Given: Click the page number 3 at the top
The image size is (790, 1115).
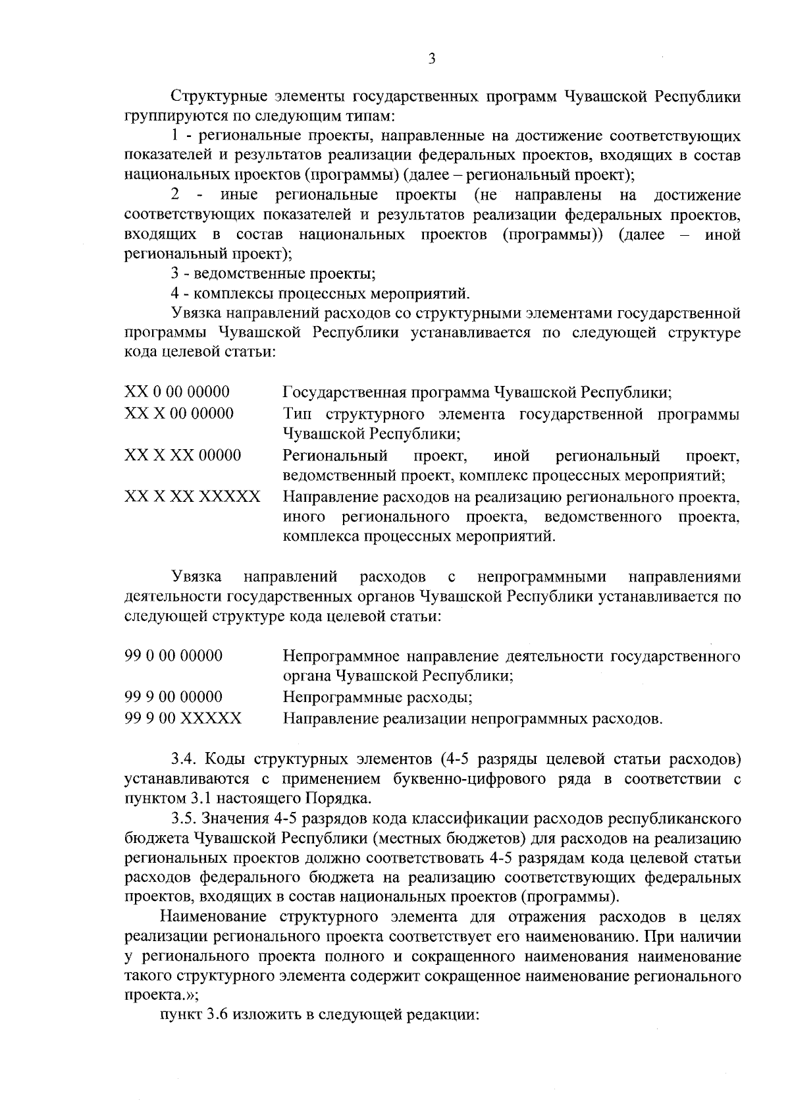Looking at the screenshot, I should (432, 59).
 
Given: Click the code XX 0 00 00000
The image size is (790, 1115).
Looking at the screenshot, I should (177, 393).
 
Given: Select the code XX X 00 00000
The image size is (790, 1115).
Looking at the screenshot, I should (179, 414).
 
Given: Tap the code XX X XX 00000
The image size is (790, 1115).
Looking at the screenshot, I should (183, 455).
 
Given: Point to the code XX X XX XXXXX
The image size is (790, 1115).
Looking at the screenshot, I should (192, 497).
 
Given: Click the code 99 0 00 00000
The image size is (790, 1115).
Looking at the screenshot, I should (174, 656).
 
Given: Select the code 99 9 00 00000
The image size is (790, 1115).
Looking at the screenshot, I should (174, 697).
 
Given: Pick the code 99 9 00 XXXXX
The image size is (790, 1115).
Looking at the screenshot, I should (183, 718).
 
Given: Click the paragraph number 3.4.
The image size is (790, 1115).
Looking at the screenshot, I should (184, 759).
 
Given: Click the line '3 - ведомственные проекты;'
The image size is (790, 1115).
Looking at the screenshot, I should (273, 273).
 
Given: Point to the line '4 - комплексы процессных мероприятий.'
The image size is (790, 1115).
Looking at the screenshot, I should (320, 293).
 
